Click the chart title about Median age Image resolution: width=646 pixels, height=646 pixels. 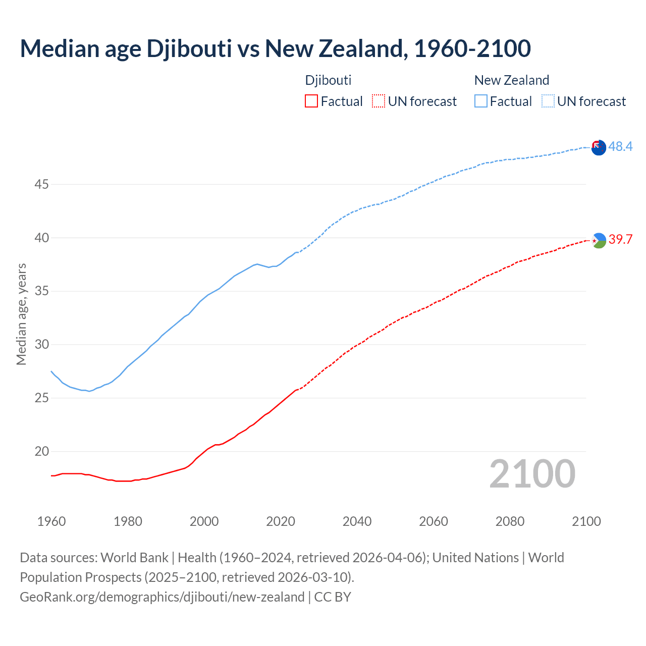275,48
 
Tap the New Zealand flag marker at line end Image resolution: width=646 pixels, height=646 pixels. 599,148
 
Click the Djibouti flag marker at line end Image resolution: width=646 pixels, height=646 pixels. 599,240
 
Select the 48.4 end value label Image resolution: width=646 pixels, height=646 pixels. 620,146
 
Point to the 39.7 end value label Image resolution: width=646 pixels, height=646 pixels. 620,239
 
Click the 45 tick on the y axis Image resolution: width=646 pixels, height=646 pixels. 41,185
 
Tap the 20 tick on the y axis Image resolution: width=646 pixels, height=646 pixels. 41,452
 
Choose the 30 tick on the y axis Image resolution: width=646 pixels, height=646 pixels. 41,345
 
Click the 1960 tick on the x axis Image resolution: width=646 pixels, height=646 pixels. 51,521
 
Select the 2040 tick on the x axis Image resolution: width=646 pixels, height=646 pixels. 357,521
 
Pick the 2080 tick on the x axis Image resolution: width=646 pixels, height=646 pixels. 510,521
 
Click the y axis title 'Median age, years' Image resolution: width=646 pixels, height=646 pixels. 21,314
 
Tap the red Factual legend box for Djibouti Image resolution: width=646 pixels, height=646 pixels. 311,101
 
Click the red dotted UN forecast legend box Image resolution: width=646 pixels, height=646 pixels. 379,101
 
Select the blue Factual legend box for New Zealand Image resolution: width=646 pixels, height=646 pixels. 481,101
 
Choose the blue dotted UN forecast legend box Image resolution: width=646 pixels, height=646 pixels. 548,101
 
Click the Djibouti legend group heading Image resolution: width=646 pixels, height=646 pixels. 328,80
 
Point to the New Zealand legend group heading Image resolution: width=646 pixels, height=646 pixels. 511,80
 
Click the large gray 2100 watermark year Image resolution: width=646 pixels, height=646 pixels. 532,474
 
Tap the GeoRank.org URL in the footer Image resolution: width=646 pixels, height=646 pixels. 162,597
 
